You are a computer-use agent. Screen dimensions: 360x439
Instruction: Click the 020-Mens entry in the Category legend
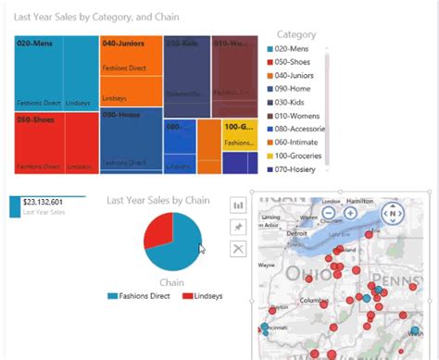click(295, 49)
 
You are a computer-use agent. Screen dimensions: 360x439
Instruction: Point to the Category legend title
click(302, 34)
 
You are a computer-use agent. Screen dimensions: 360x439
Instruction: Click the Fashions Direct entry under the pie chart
click(143, 296)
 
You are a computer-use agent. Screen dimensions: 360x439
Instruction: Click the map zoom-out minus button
click(329, 213)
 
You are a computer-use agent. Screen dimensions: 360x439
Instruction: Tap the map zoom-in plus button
click(350, 213)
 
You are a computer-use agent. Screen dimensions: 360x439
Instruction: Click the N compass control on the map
click(393, 214)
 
